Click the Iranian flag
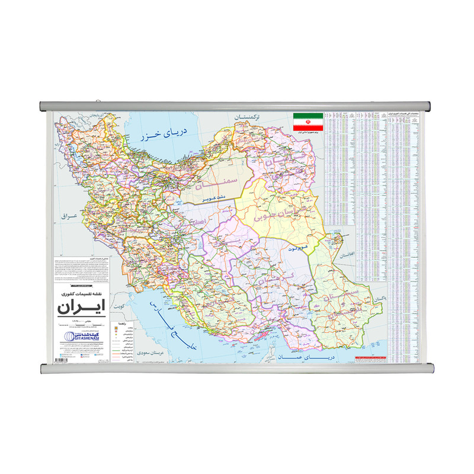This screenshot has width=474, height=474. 308,122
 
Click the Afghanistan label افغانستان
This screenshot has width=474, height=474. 345,258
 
